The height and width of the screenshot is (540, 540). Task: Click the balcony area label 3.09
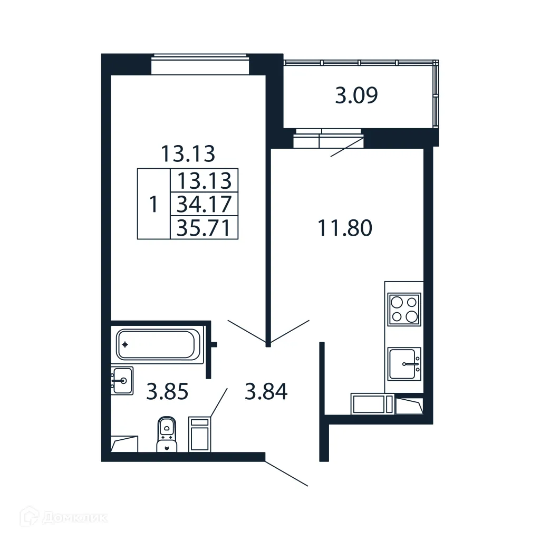[356, 96]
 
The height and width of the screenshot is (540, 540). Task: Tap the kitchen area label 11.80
[345, 228]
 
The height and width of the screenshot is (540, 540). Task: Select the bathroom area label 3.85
[167, 392]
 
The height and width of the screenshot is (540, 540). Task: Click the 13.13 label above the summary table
[188, 154]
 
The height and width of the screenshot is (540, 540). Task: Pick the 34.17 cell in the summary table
[204, 204]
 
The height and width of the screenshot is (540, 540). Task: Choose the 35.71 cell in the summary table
[204, 227]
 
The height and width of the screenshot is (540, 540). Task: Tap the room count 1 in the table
[153, 204]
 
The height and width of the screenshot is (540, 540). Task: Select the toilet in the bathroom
[167, 434]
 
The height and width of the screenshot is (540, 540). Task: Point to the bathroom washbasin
[122, 380]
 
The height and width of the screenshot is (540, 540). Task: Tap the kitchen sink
[404, 364]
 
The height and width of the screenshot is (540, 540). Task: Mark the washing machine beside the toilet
[199, 435]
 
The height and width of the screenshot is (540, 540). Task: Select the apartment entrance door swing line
[286, 474]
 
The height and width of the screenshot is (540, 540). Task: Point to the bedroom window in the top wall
[200, 65]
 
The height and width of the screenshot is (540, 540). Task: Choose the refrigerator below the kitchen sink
[372, 404]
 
